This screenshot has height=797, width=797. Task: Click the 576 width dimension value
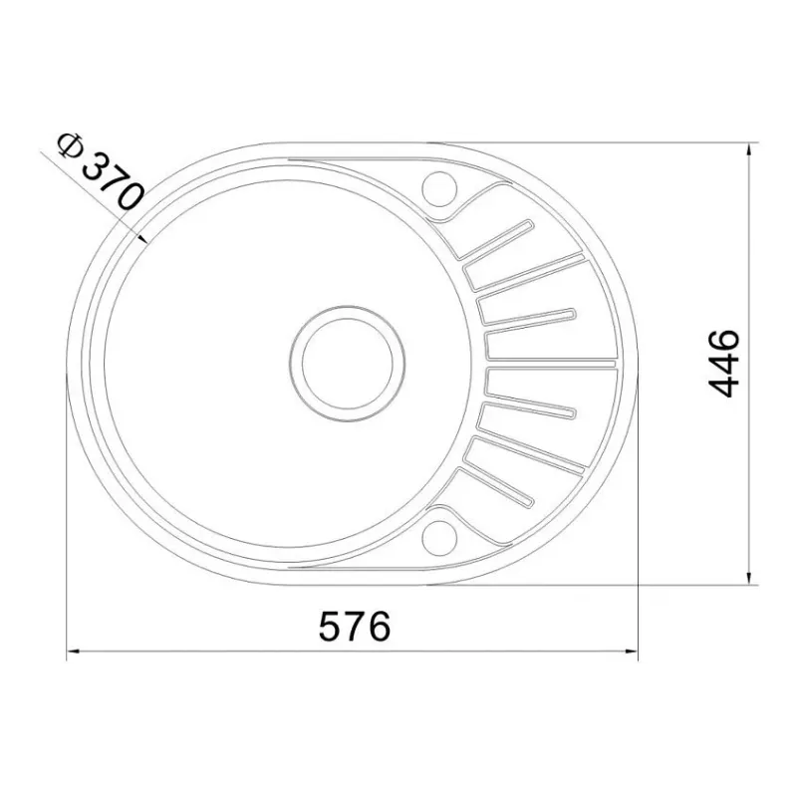click(x=355, y=627)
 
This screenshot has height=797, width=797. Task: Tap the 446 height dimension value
click(x=724, y=363)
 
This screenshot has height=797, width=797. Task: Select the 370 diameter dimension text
click(x=113, y=182)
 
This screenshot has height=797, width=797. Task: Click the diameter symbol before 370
click(x=70, y=144)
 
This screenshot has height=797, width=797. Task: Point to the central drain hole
click(x=348, y=364)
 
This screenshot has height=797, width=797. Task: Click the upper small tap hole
click(x=439, y=188)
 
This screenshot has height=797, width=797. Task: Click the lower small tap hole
click(x=439, y=538)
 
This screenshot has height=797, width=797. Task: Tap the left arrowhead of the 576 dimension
click(x=73, y=651)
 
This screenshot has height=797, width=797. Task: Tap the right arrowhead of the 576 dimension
click(x=632, y=651)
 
